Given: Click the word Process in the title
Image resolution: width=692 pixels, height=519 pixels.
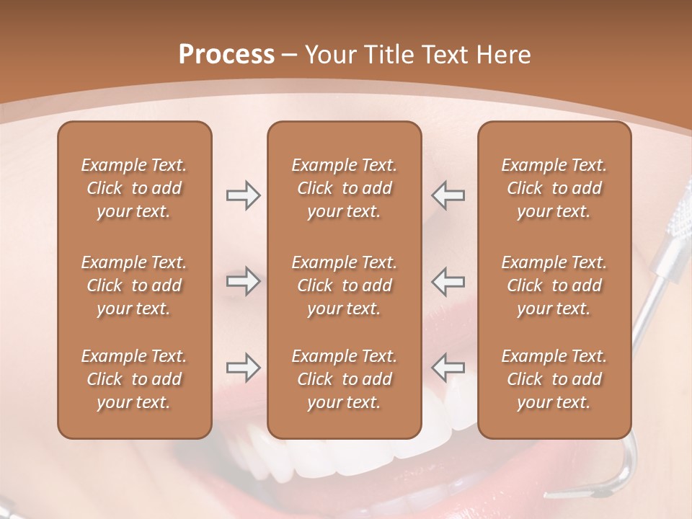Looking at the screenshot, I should pos(226,55).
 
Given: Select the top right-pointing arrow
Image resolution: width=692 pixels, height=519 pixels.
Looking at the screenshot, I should pos(243,195).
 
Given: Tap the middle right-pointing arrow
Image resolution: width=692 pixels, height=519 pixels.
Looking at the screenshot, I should pos(243,281).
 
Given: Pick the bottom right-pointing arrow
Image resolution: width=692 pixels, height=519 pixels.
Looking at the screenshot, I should pos(243,368).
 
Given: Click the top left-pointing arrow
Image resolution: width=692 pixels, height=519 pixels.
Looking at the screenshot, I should pos(448,195).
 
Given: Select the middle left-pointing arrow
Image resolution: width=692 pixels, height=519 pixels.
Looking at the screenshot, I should pos(448,281).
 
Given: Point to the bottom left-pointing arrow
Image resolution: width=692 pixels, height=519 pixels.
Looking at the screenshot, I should pos(448,368).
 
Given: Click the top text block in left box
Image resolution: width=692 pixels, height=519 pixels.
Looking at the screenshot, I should pos(134,188).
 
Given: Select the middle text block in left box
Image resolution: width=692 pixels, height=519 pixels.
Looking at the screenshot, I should pos(134,285).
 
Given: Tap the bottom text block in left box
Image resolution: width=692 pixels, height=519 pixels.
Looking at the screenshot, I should pos(134,379).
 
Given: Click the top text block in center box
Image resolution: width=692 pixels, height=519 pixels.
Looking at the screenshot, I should pos(344,188).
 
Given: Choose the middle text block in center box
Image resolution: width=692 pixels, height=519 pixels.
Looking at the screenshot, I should pos(344,285).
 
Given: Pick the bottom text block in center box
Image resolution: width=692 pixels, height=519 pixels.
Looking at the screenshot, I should pos(344,379).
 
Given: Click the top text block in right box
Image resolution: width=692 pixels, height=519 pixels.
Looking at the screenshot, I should pos(554,188).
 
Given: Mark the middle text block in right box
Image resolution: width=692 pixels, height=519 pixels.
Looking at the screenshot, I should pos(554,285).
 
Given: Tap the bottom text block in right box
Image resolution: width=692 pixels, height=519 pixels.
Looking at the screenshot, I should pos(554,379).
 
